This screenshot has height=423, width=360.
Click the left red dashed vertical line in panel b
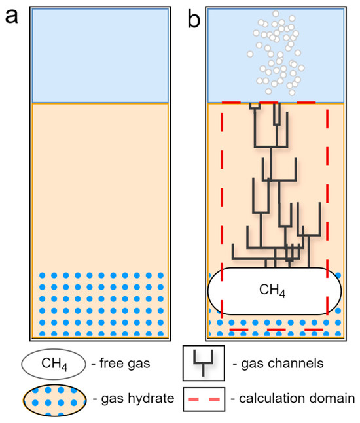pyautogui.click(x=223, y=196)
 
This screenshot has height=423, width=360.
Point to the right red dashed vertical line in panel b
pyautogui.click(x=327, y=196)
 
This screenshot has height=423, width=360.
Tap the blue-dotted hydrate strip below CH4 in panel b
pyautogui.click(x=275, y=326)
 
